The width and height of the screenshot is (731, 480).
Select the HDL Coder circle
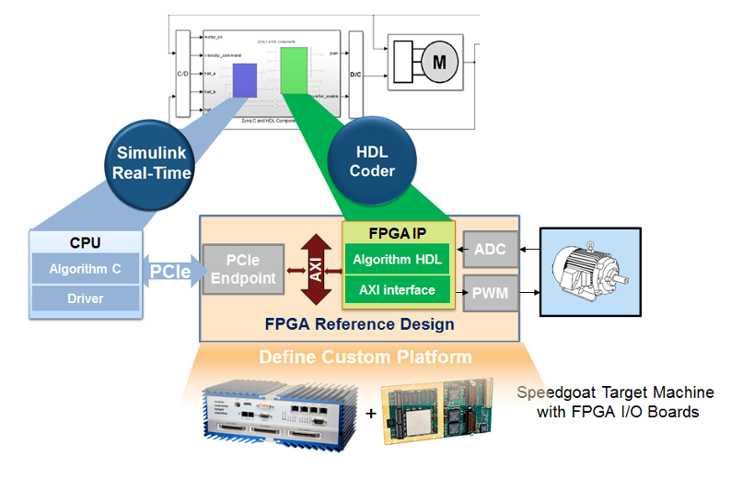coord(372,160)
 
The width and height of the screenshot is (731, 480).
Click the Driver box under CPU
coord(86,299)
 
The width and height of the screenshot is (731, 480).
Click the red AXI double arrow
coord(315,269)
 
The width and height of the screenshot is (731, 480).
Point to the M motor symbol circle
coord(439,63)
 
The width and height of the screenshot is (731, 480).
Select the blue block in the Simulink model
coord(244,80)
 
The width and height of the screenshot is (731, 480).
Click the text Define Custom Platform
coord(365,357)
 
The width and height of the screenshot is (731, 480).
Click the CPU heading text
coord(86,243)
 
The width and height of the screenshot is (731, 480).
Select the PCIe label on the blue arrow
coord(171,272)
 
